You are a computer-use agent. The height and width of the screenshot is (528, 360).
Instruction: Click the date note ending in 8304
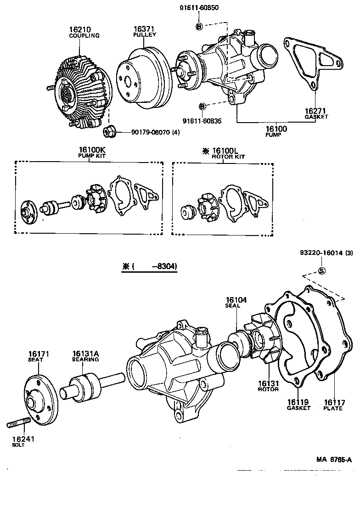[x=150, y=267]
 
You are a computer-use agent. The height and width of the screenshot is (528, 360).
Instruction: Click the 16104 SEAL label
[x=236, y=302]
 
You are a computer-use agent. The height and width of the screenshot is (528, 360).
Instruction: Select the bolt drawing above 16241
[x=18, y=423]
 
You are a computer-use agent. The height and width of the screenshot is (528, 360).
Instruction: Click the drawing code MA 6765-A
[x=333, y=460]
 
